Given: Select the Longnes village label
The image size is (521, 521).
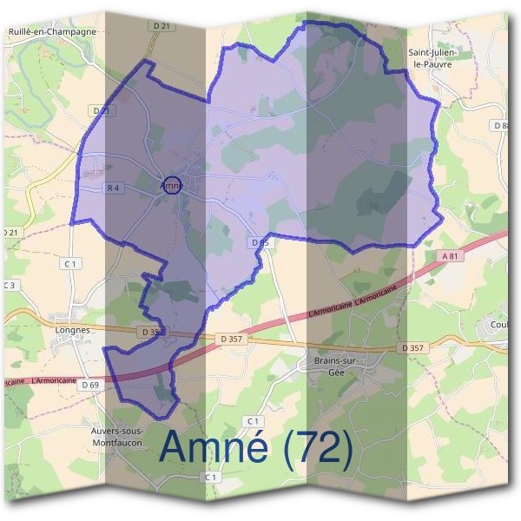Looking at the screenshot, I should (72, 330).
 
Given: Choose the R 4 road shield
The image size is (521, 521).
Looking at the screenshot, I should (113, 188).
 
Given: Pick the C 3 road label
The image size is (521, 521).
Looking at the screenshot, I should (10, 285).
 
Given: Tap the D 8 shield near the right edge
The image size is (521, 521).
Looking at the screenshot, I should (500, 126).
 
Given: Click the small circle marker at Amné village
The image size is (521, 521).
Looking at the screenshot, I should (172, 185).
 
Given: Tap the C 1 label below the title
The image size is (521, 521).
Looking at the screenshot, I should (211, 478).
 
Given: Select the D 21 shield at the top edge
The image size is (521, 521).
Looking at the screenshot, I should (161, 27).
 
